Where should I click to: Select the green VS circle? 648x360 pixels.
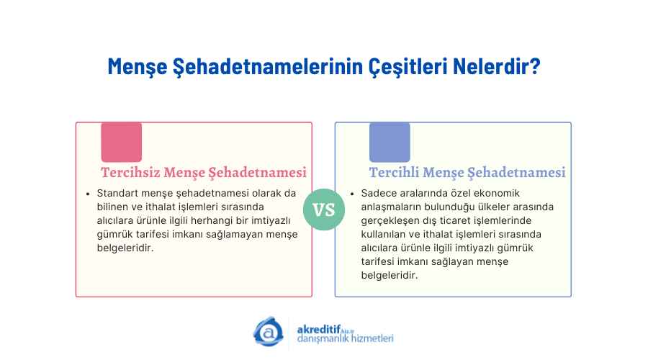[x=323, y=210]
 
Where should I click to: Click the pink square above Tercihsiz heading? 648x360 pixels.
[x=122, y=142]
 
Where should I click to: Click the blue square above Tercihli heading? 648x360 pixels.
[x=390, y=142]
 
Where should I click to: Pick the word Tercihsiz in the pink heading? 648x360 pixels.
[x=130, y=172]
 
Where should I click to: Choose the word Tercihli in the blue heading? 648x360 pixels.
[x=394, y=172]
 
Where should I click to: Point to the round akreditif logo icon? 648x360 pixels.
[x=269, y=331]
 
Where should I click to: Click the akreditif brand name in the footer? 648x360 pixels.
[x=319, y=330]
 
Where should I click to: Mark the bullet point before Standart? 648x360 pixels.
[x=88, y=194]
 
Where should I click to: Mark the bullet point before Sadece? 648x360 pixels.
[x=352, y=194]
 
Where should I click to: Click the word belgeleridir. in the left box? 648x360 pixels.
[x=125, y=248]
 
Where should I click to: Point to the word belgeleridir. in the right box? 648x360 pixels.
[x=390, y=275]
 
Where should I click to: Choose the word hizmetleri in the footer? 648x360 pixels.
[x=374, y=338]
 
